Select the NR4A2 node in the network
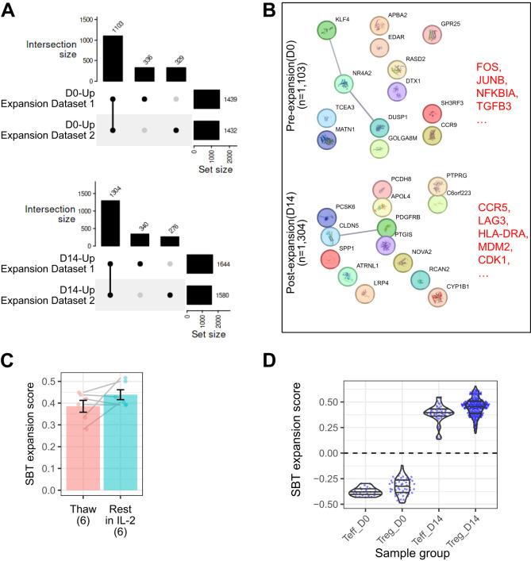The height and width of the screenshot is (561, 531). pos(344,83)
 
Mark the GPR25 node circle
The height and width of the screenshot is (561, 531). pos(432,36)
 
